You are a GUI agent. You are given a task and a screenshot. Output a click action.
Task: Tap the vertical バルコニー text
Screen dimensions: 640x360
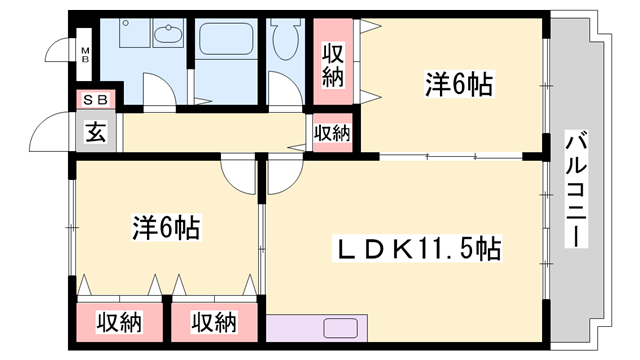575,190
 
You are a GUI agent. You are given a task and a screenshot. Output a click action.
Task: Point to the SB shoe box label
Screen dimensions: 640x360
96,100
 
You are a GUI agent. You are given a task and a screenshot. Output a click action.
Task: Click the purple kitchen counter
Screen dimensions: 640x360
318,328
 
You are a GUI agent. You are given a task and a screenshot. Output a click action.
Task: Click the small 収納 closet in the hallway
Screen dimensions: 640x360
333,133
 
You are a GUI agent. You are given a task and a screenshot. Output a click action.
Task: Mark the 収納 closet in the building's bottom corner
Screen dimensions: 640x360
120,323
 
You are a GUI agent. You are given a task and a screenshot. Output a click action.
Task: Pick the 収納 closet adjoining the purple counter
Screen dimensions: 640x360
214,323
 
